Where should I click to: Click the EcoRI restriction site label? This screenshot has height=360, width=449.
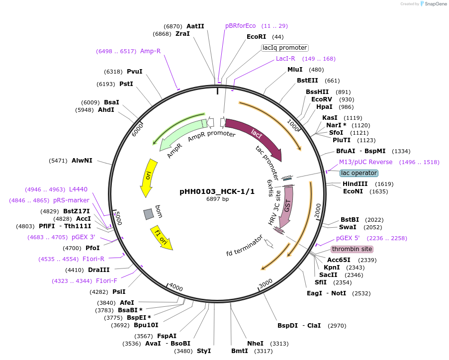click(x=256, y=37)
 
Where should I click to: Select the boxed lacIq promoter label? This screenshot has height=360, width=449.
click(x=285, y=48)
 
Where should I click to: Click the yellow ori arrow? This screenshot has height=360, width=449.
click(x=147, y=177)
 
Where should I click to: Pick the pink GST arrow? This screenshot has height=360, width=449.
click(x=287, y=206)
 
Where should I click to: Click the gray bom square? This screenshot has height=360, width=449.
click(x=148, y=214)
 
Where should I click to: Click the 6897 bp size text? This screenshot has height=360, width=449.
click(x=218, y=199)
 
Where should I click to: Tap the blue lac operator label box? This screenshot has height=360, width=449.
click(x=359, y=173)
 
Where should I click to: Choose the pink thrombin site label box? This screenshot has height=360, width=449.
click(x=352, y=249)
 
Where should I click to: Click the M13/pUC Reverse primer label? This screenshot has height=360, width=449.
click(x=365, y=162)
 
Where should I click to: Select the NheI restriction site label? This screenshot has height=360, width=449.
click(x=255, y=344)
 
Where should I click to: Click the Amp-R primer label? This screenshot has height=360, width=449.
click(x=150, y=51)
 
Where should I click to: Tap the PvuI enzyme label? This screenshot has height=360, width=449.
click(x=134, y=72)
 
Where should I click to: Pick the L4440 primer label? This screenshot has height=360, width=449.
click(x=78, y=189)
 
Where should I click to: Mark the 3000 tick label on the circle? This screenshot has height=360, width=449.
click(x=266, y=283)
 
